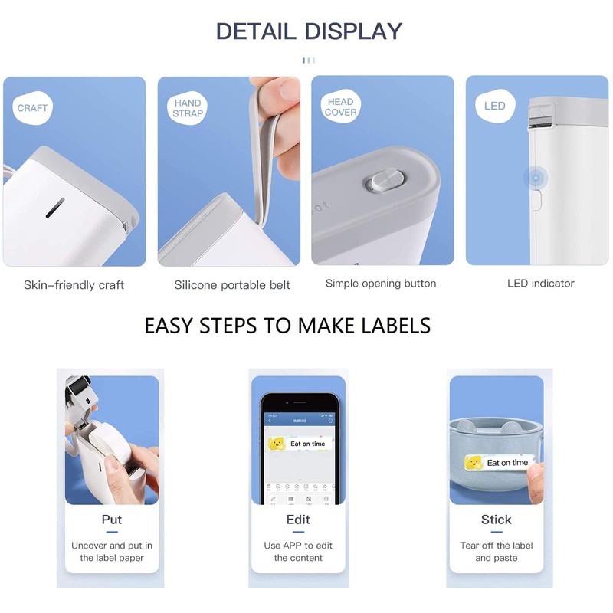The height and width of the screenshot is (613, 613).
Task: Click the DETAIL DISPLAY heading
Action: [x=308, y=31]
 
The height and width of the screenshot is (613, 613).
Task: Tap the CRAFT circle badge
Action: [x=32, y=108]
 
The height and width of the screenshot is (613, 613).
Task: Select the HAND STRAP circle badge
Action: [x=187, y=108]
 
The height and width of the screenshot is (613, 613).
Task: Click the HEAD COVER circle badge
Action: [x=340, y=107]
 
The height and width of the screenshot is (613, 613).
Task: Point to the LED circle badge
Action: [x=495, y=106]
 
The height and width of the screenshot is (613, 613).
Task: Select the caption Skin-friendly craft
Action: [x=74, y=285]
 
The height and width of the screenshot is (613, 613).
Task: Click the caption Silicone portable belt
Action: [x=231, y=285]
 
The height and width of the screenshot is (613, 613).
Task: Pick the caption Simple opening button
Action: [x=381, y=284]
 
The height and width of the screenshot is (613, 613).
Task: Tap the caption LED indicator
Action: [x=540, y=284]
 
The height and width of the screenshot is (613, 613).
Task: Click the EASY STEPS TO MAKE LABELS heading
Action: [x=287, y=325]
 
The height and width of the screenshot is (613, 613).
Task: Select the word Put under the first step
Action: [x=112, y=520]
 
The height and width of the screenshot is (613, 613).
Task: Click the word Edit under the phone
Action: [x=298, y=520]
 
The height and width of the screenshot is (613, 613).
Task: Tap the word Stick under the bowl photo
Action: [x=496, y=520]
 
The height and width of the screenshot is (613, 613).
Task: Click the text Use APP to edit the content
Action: [x=298, y=552]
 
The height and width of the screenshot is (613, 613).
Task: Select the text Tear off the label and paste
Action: [x=496, y=552]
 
